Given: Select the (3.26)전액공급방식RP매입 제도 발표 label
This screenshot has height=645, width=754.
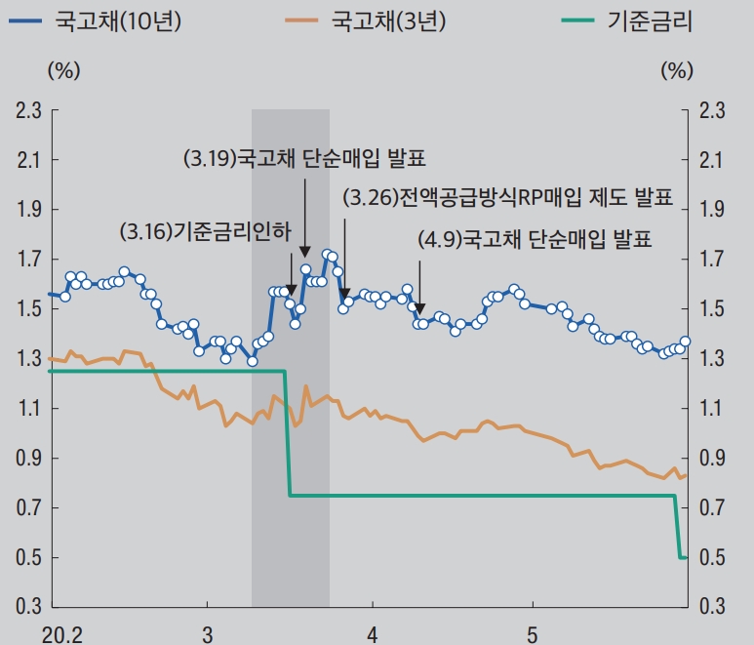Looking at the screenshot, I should (x=508, y=198).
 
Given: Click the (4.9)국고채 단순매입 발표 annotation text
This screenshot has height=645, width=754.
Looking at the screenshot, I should (x=534, y=238).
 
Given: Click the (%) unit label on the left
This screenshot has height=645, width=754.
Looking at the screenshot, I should (x=63, y=69).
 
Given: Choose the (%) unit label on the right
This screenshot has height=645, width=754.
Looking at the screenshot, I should (x=677, y=69).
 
